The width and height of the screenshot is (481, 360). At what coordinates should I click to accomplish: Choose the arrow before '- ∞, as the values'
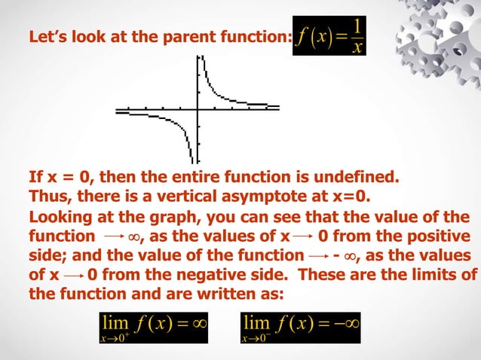coord(314,255)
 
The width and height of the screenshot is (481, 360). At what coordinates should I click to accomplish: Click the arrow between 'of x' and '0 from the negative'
coord(72,274)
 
